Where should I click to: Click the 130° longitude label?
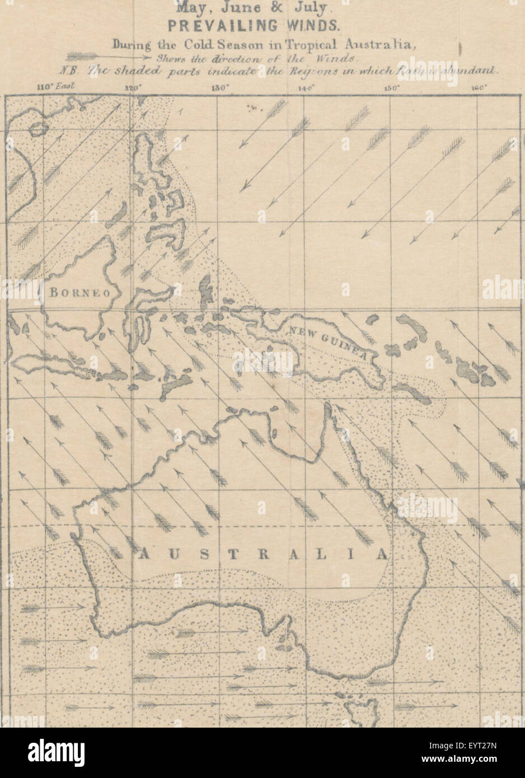click(x=219, y=87)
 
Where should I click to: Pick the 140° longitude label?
click(x=306, y=87)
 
